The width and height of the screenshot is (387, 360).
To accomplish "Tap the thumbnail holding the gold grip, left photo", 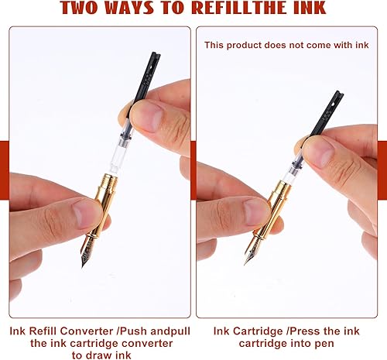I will pos(85,213).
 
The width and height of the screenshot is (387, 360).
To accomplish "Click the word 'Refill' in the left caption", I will pos(43,330).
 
